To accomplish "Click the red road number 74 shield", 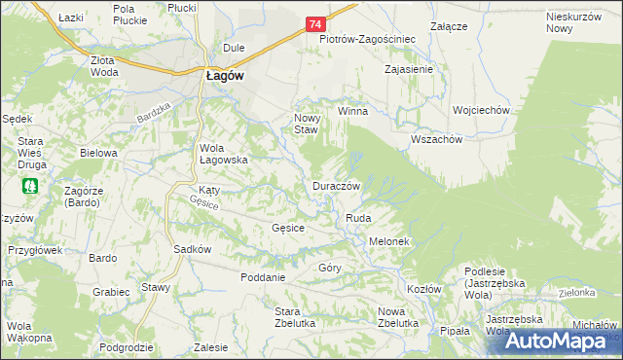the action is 314,23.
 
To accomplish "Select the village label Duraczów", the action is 337,185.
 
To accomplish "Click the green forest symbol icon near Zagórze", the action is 30,185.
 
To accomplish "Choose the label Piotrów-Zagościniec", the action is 368,40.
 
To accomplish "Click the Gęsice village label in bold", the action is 288,228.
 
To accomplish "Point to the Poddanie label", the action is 263,277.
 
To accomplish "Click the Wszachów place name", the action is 436,138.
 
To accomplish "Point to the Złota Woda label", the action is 104,64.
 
